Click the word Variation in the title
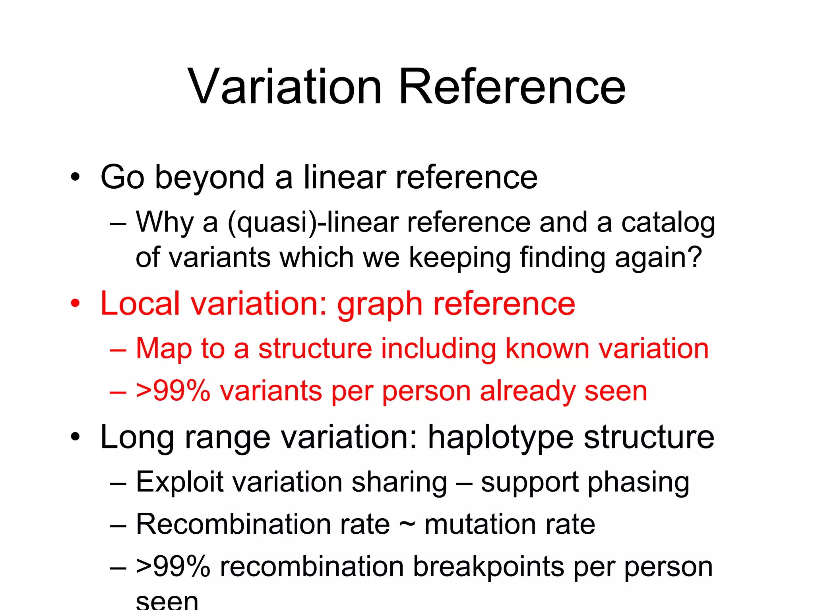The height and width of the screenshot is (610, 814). [x=285, y=87]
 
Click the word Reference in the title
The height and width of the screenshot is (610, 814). [x=512, y=87]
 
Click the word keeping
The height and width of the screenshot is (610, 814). [x=459, y=258]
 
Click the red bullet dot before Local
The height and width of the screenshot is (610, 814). [x=75, y=304]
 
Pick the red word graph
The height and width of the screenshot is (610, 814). [x=379, y=305]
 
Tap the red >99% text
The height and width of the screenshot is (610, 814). [x=173, y=391]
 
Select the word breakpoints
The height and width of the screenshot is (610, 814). [x=488, y=567]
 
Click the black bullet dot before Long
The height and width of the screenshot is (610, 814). [x=75, y=437]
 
